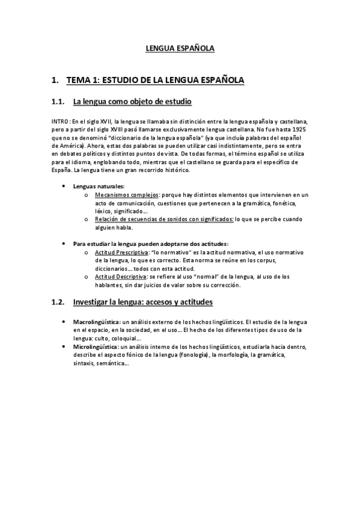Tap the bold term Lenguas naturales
(99, 186)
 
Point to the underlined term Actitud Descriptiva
(121, 277)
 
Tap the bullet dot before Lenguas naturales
(64, 187)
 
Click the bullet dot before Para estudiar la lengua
(64, 244)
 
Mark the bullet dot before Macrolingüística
(64, 323)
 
